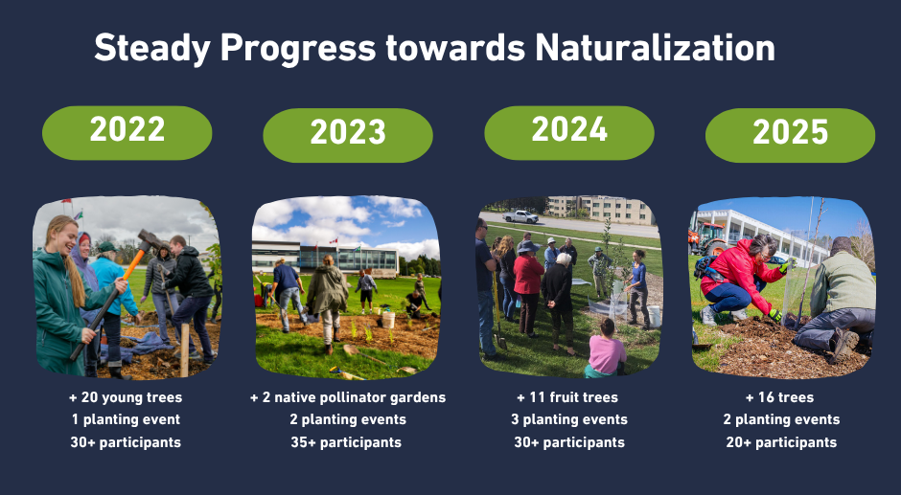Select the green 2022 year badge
click(x=127, y=132)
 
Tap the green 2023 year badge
click(x=348, y=135)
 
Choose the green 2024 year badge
click(x=569, y=132)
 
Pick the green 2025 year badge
click(x=790, y=135)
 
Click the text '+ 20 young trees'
click(x=126, y=397)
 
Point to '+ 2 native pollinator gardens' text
click(x=347, y=397)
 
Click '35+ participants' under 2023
click(x=347, y=442)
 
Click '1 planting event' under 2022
click(x=126, y=419)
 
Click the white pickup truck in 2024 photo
click(x=520, y=216)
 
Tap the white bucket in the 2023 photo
click(x=388, y=320)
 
